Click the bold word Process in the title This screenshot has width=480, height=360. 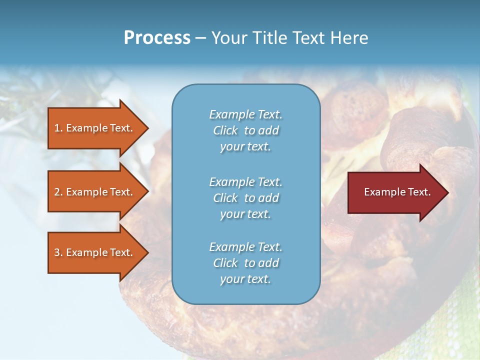click(x=157, y=38)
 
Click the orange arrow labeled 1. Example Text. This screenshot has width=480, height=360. click(x=95, y=128)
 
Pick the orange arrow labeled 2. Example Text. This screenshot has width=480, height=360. click(x=95, y=192)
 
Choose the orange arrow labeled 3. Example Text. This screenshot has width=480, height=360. click(x=95, y=252)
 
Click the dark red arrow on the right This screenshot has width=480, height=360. click(x=395, y=192)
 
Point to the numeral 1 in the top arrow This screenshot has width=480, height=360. click(x=56, y=128)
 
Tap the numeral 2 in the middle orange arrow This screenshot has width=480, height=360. click(x=57, y=192)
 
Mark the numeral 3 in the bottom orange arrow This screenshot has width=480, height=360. click(x=57, y=252)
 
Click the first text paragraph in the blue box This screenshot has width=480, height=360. click(x=245, y=130)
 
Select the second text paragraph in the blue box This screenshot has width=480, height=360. click(x=245, y=198)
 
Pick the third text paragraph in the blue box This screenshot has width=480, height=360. click(x=245, y=263)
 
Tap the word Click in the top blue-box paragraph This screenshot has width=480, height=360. click(x=225, y=130)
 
